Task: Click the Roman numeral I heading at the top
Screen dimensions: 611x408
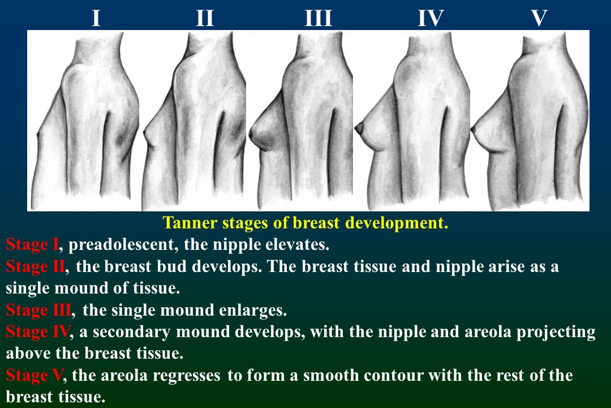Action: point(96,18)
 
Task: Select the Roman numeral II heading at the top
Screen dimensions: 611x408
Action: point(205,18)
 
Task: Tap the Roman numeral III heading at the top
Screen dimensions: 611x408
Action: point(319,18)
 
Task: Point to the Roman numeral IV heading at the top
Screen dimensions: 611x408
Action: point(431,18)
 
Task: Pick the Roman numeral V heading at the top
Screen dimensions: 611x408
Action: point(539,18)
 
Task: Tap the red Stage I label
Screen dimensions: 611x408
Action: point(32,245)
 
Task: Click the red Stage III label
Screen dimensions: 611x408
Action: point(38,311)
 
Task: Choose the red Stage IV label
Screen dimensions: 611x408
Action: point(38,332)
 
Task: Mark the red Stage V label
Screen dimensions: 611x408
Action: point(34,376)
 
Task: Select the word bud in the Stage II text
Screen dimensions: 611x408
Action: point(170,266)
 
